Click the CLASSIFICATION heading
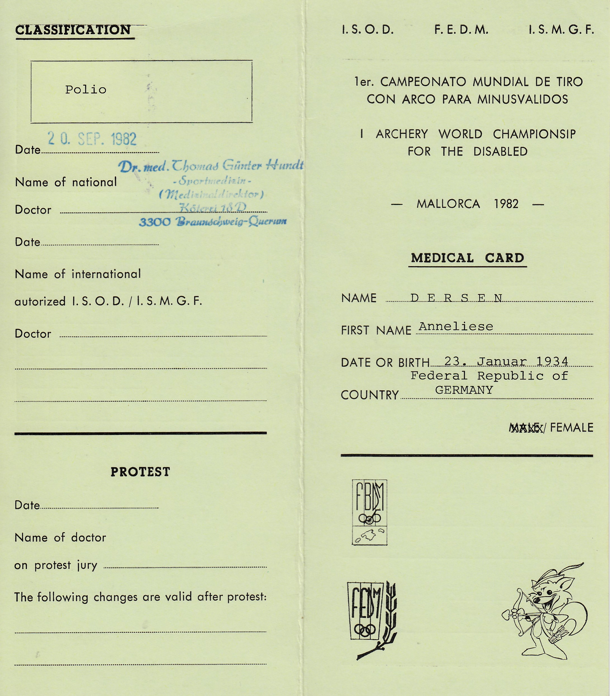tap(73, 30)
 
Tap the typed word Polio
tap(86, 90)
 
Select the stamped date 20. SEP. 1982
tap(92, 139)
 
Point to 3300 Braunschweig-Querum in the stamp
tap(213, 222)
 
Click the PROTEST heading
tap(140, 472)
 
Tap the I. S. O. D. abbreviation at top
tap(368, 30)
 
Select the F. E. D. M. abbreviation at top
tap(461, 30)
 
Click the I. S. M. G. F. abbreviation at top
tap(561, 30)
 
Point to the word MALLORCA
tap(448, 204)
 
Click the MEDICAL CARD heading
tap(467, 258)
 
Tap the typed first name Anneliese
tap(455, 326)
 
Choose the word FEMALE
tap(571, 427)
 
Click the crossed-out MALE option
tap(526, 428)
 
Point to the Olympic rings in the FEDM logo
tap(365, 629)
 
